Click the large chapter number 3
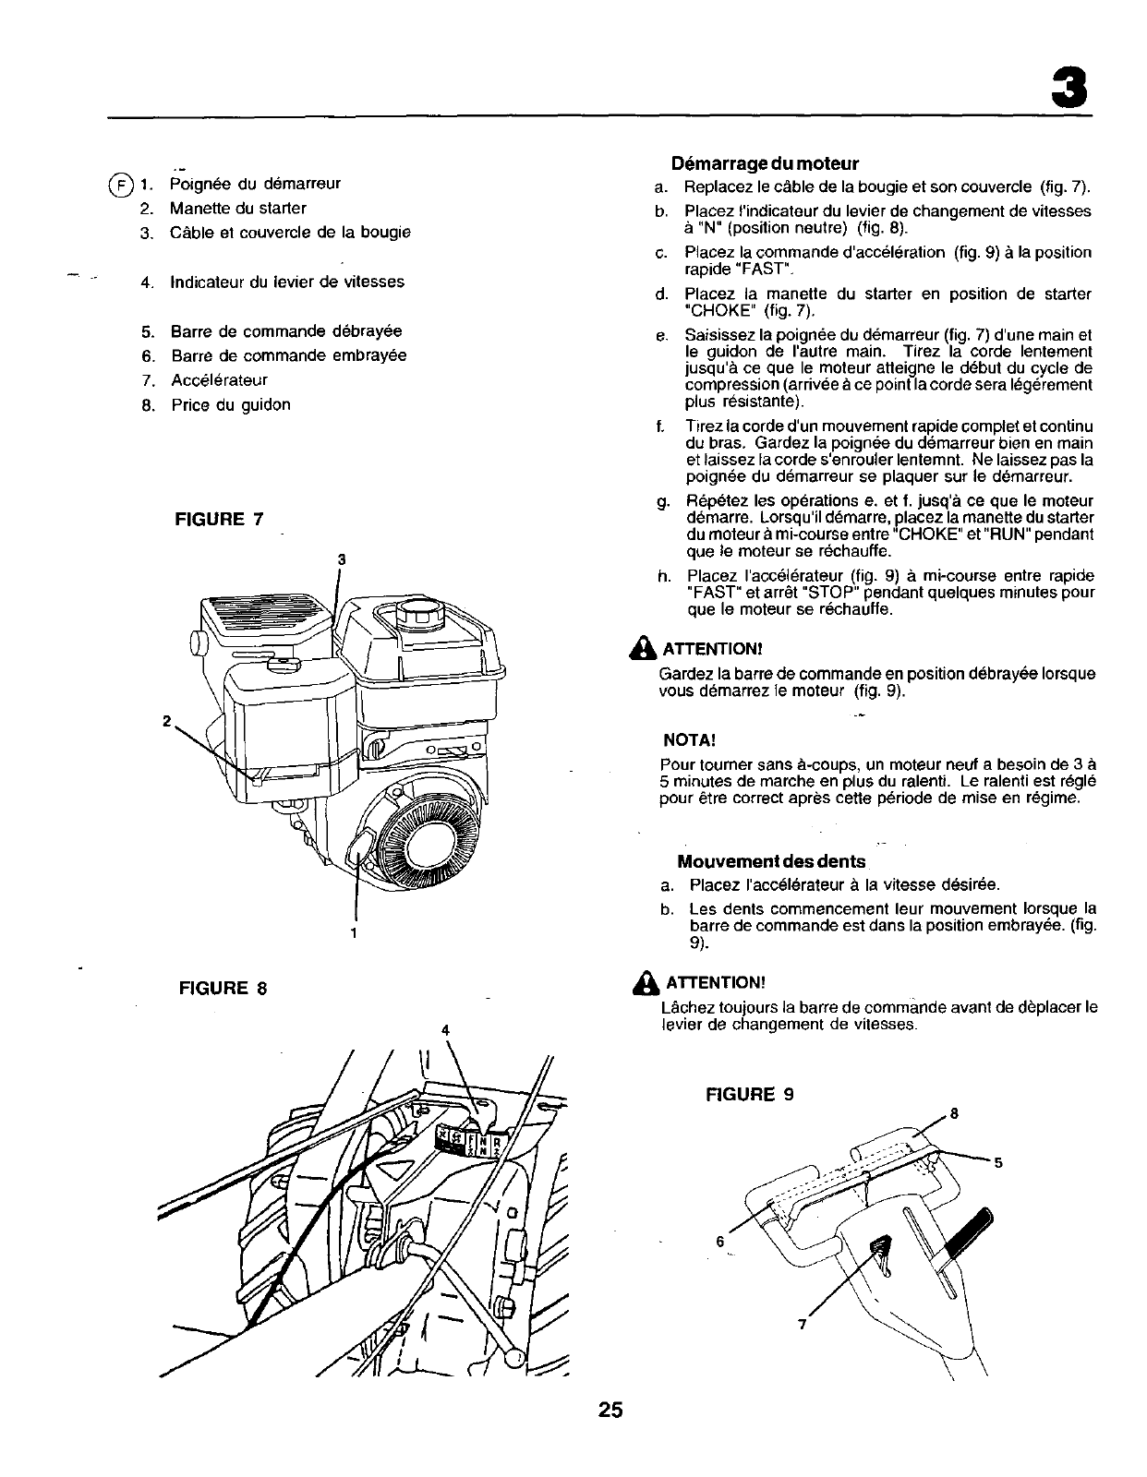pos(1069,90)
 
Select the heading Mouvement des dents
pos(771,861)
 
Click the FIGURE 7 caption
pos(219,519)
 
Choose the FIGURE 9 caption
pos(749,1095)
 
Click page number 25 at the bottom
pos(610,1410)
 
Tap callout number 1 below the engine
pos(354,932)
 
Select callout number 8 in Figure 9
pos(955,1112)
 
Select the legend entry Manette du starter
pos(237,208)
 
